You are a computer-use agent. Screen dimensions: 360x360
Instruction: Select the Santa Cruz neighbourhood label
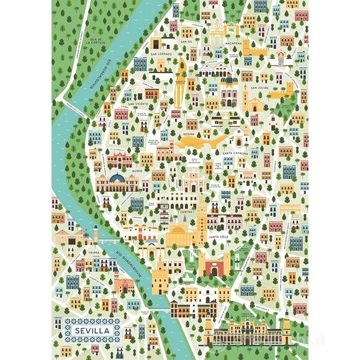pyautogui.click(x=220, y=236)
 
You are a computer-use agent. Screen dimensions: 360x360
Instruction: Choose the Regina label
pyautogui.click(x=191, y=134)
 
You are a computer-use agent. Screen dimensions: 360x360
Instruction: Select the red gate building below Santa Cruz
pyautogui.click(x=214, y=264)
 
